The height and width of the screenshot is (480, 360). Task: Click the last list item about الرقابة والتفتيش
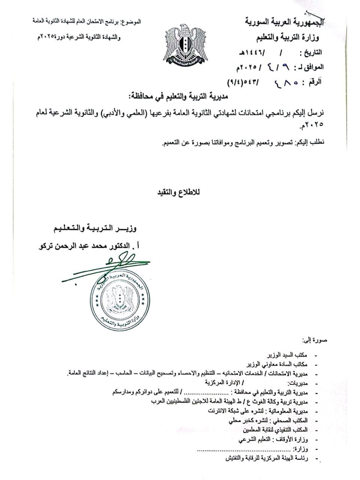click(266, 458)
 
